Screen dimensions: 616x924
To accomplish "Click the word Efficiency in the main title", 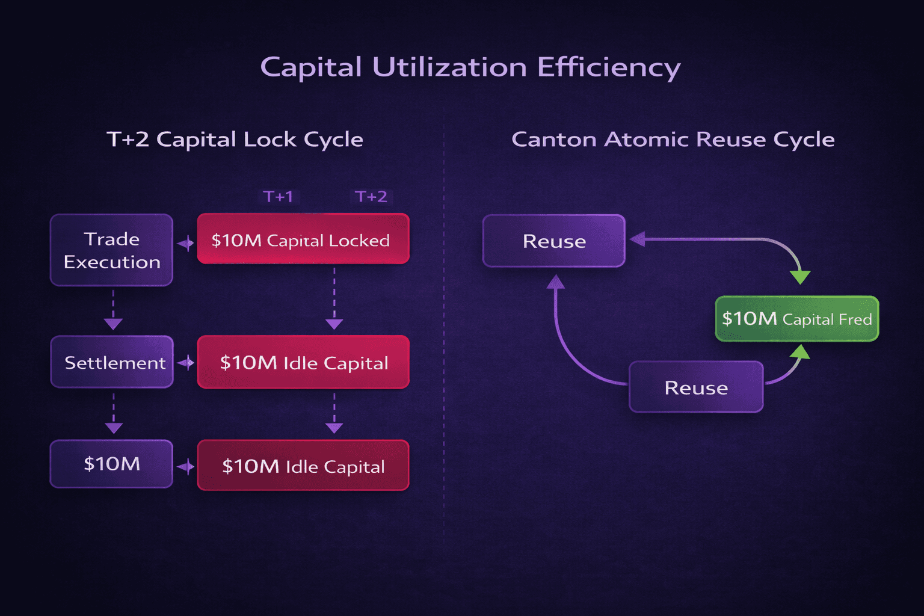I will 608,67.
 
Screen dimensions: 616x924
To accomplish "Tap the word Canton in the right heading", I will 553,140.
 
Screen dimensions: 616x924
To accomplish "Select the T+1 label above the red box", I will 279,197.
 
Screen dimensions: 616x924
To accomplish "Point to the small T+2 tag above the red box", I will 371,197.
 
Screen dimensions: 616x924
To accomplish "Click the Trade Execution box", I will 112,250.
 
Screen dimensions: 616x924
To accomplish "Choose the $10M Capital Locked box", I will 303,239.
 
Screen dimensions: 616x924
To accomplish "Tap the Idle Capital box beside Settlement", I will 303,362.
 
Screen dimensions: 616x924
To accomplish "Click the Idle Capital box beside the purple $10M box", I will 303,466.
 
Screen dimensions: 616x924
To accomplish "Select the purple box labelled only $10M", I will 112,464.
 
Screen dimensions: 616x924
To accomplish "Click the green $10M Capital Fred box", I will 796,319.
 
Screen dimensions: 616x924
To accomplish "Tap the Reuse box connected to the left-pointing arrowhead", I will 554,241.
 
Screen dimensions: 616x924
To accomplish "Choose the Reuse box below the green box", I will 696,387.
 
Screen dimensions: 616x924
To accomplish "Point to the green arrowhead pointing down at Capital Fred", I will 800,277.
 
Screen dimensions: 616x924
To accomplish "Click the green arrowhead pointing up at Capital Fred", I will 801,351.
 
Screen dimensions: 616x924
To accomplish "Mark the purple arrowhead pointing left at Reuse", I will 638,239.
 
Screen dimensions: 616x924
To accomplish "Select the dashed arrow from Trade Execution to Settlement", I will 113,310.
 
